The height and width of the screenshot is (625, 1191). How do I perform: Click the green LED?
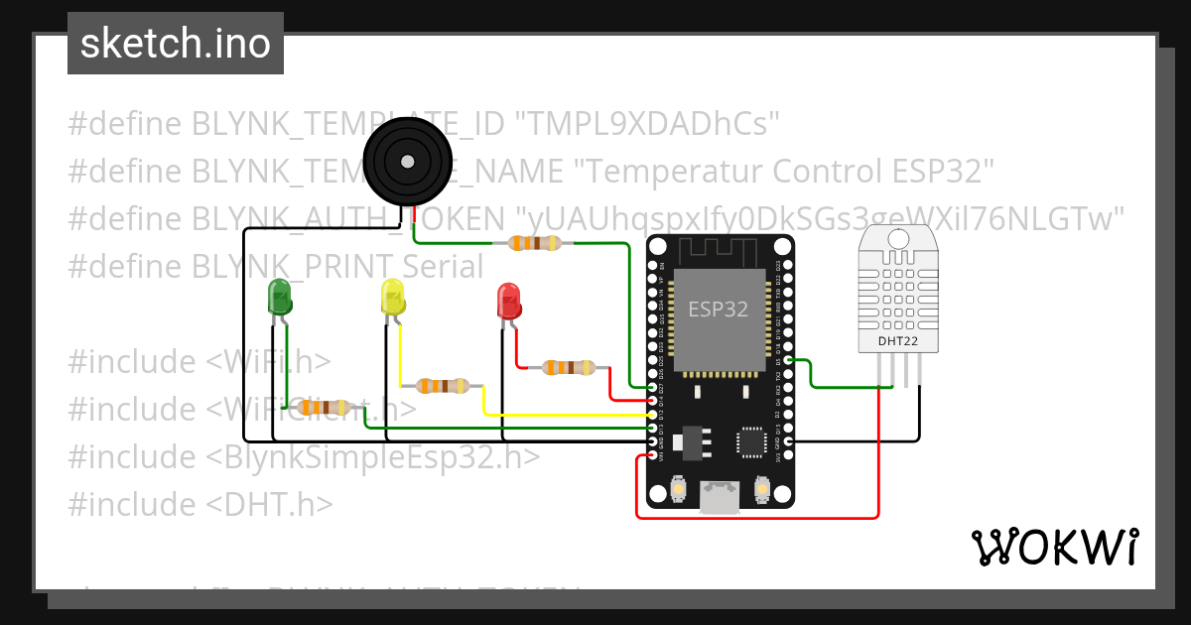pyautogui.click(x=280, y=298)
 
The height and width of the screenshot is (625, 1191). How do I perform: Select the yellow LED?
pyautogui.click(x=393, y=298)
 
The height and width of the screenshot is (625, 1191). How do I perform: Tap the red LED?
pyautogui.click(x=509, y=301)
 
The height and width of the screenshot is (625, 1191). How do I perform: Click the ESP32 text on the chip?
pyautogui.click(x=719, y=309)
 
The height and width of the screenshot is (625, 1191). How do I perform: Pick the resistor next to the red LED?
pyautogui.click(x=569, y=368)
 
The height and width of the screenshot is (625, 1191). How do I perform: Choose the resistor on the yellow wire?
pyautogui.click(x=443, y=386)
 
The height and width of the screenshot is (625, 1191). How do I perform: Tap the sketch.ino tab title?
pyautogui.click(x=175, y=44)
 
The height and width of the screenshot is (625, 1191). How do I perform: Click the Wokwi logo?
pyautogui.click(x=1054, y=547)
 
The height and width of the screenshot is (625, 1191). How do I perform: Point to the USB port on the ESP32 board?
pyautogui.click(x=719, y=498)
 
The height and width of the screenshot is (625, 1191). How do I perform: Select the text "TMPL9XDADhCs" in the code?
pyautogui.click(x=647, y=124)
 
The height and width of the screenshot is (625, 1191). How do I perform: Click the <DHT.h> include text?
pyautogui.click(x=269, y=504)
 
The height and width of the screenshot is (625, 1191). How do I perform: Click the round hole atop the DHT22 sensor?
pyautogui.click(x=899, y=238)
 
